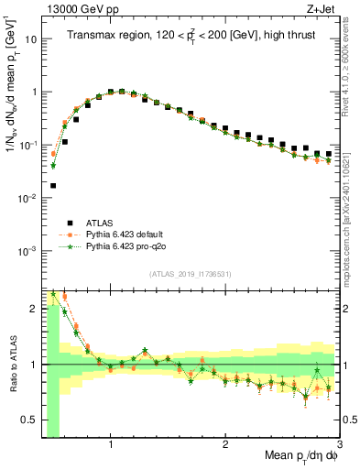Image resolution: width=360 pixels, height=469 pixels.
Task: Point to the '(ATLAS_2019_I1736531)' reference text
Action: (x=190, y=274)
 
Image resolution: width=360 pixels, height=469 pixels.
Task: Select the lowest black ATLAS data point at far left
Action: (x=52, y=185)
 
